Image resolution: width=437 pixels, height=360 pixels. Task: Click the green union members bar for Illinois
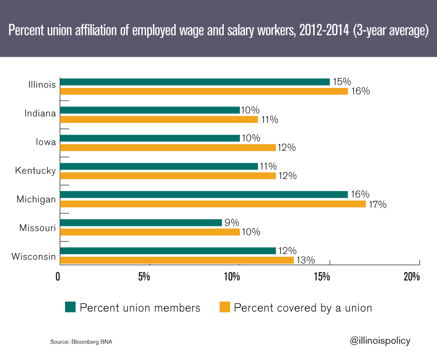[194, 82]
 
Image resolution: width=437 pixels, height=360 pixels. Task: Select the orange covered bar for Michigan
[213, 204]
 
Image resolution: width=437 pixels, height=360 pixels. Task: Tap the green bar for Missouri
[141, 223]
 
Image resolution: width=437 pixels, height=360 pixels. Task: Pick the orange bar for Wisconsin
[177, 260]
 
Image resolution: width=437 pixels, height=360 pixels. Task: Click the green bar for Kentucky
[159, 166]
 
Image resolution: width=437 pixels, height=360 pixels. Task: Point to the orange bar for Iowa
[168, 148]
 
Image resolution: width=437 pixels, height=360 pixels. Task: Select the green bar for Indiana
[150, 110]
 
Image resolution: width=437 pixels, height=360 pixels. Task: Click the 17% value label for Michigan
[377, 205]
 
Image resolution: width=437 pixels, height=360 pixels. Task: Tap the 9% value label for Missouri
[232, 223]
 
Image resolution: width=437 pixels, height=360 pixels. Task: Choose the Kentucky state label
[35, 171]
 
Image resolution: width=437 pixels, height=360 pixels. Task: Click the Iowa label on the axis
[46, 143]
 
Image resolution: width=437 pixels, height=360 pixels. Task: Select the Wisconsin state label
[34, 256]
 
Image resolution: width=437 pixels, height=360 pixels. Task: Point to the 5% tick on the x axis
[144, 277]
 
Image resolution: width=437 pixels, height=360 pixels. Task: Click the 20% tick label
[411, 277]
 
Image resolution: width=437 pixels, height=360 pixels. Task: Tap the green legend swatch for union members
[70, 308]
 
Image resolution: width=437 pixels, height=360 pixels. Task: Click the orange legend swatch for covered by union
[224, 308]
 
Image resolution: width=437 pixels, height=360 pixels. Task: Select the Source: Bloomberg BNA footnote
[81, 343]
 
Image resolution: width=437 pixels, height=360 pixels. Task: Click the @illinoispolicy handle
[380, 341]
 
